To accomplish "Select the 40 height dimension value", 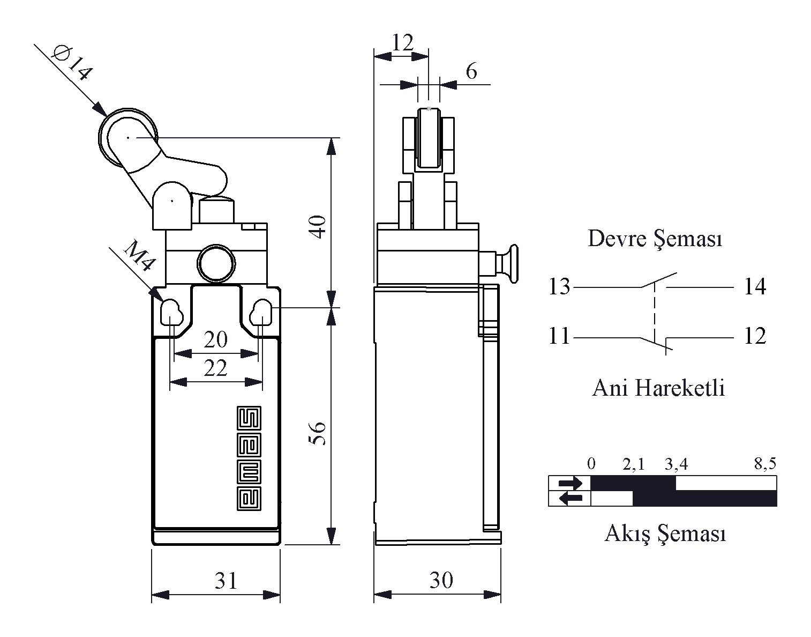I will [318, 226].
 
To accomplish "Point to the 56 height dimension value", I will [318, 433].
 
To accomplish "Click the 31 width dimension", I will [226, 580].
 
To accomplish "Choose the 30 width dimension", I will [441, 580].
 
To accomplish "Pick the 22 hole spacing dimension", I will [215, 368].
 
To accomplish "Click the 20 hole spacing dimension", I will [215, 339].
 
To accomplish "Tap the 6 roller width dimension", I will [471, 71].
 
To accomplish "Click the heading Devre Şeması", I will [655, 239].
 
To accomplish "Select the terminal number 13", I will [559, 287].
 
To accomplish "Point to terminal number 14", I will [755, 287].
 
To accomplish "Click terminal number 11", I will [559, 337].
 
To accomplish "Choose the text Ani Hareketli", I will [658, 388].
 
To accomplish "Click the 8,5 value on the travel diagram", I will [764, 464].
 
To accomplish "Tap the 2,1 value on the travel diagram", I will [634, 464].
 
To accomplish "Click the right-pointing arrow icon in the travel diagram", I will [570, 483].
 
